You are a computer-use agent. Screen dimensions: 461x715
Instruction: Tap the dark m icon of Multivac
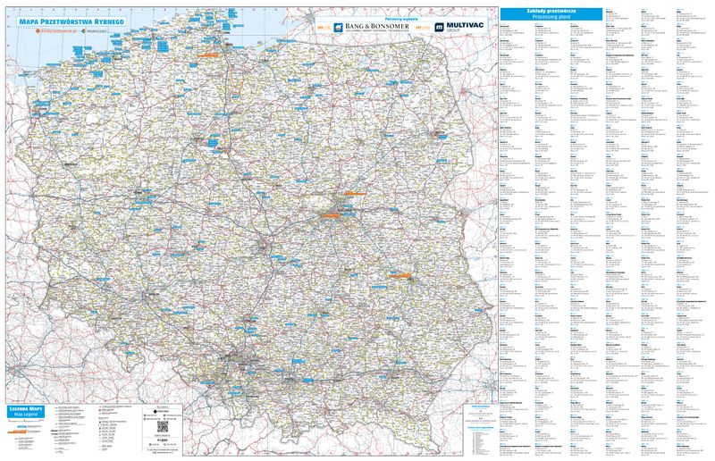coord(439,28)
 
